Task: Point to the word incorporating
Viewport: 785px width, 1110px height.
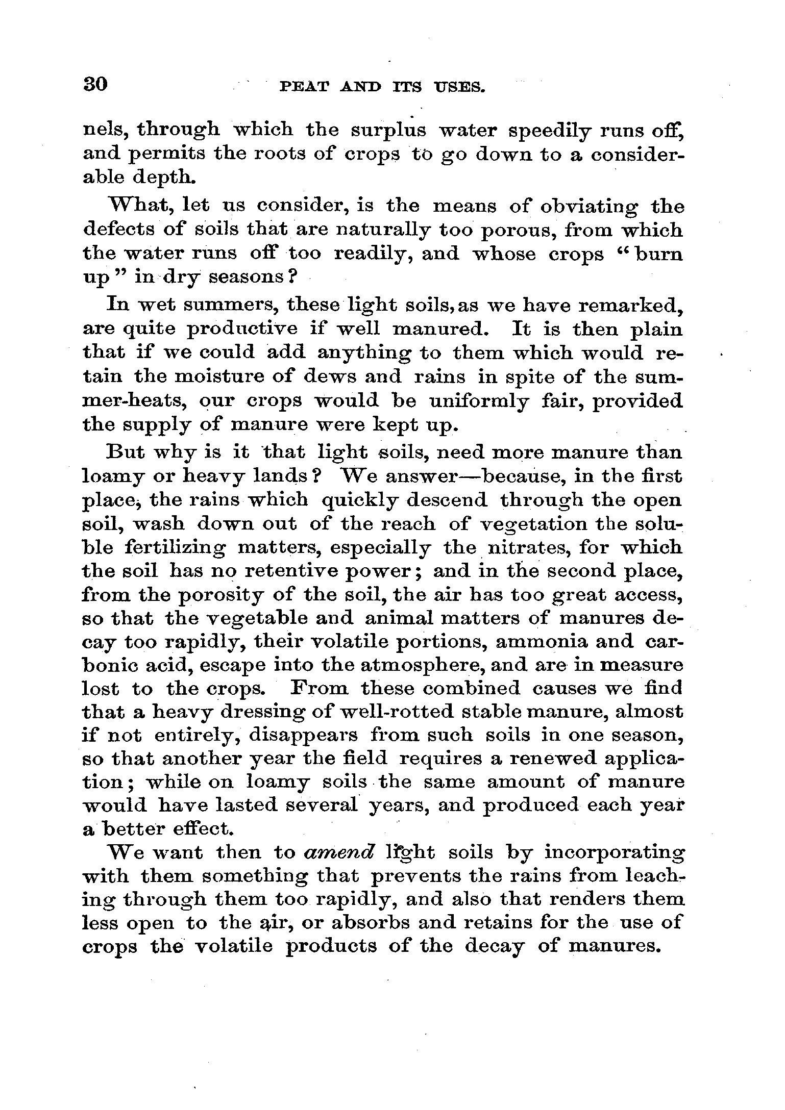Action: [x=614, y=853]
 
